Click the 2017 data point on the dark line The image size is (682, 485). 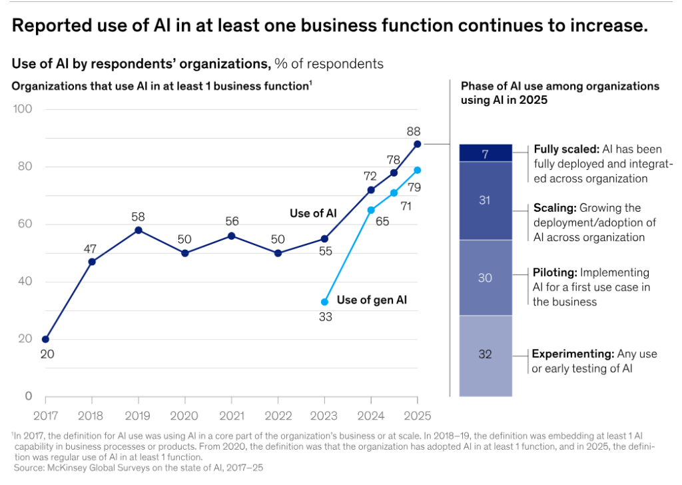click(x=45, y=339)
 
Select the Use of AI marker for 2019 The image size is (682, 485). click(x=138, y=230)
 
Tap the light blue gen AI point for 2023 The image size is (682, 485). click(x=324, y=302)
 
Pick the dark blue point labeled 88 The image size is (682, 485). click(x=417, y=144)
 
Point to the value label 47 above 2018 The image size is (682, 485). click(x=91, y=248)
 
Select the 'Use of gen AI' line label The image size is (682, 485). click(x=372, y=300)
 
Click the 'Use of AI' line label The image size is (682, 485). click(x=313, y=213)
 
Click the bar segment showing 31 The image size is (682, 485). click(x=486, y=201)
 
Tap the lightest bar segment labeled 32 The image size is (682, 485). click(x=486, y=354)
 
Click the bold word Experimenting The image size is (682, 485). click(x=573, y=354)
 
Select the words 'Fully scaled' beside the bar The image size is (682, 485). click(x=563, y=150)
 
